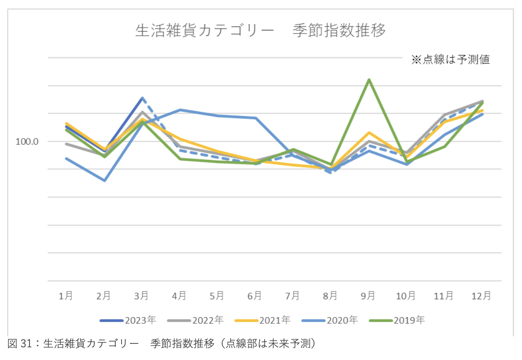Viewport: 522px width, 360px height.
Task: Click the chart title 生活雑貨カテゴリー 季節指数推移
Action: [260, 31]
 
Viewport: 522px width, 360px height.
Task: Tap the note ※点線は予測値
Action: [450, 60]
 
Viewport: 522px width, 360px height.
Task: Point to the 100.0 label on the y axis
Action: [27, 142]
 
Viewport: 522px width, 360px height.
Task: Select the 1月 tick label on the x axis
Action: [66, 296]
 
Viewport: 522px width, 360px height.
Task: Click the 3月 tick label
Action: [142, 296]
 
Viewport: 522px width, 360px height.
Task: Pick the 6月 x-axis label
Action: [255, 296]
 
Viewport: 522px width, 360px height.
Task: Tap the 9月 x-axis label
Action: [368, 296]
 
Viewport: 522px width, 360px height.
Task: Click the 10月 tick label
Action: [406, 296]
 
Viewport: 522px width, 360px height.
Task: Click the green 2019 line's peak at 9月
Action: [369, 80]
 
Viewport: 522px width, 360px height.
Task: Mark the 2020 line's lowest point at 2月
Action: [105, 180]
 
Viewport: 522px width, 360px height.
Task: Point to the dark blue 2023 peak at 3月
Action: [142, 98]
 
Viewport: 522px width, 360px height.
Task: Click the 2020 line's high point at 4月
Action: [180, 110]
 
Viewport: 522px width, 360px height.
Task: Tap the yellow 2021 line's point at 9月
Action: [369, 133]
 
